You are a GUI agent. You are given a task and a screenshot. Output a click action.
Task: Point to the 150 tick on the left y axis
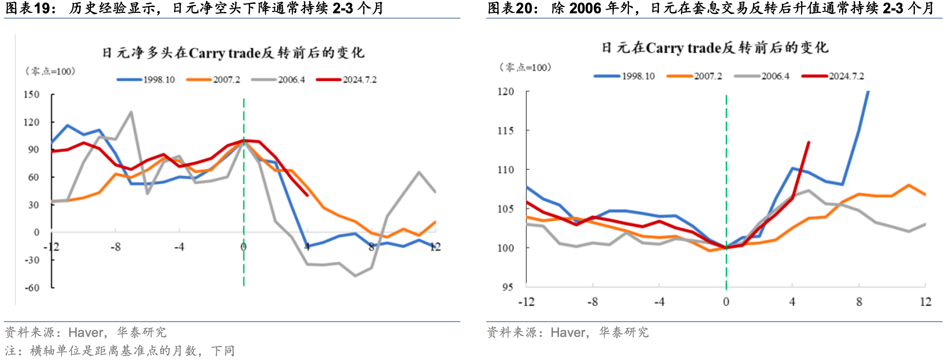32,95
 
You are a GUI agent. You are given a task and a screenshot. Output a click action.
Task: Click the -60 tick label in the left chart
32,288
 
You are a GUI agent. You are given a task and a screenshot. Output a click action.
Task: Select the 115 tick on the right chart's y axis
506,131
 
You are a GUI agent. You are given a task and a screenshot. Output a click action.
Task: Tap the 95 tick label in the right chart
508,287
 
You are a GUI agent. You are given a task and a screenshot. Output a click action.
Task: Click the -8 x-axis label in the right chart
592,302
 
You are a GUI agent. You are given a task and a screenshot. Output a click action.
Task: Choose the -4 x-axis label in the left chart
179,247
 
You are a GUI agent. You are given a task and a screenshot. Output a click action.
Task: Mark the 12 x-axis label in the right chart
925,302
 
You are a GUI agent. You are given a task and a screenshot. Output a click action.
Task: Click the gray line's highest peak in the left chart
131,112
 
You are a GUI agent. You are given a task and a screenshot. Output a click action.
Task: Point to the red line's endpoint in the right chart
808,142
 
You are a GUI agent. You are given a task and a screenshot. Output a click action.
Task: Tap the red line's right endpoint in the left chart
308,195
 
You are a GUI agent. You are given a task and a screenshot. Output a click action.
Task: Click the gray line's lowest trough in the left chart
355,276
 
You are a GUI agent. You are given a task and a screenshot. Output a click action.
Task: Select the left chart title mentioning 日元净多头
233,53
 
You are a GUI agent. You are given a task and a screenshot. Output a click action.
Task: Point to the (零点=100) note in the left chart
50,71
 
